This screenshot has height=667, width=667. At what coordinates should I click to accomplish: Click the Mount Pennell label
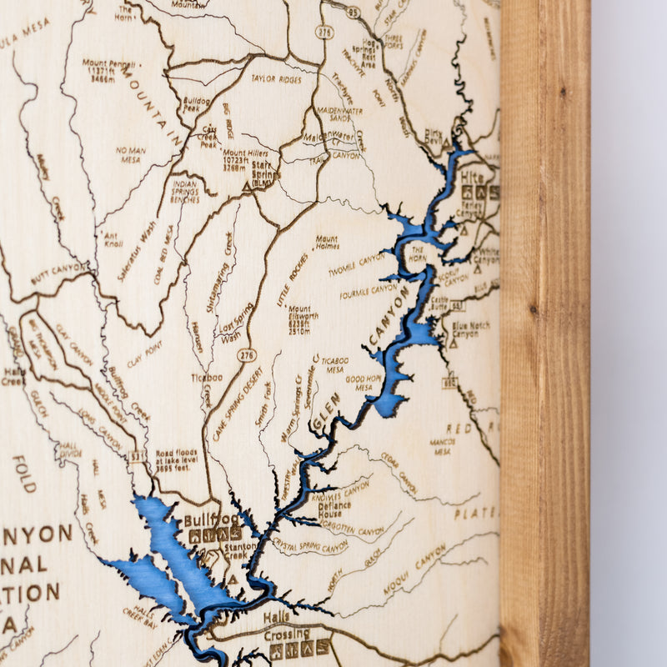(109, 72)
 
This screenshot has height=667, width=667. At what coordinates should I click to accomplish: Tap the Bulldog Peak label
(196, 104)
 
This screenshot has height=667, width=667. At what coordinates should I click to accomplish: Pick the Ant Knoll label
(113, 240)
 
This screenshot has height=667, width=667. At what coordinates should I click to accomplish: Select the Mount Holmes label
(327, 242)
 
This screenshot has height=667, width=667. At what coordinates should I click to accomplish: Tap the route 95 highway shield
(352, 12)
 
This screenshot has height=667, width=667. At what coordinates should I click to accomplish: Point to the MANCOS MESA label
(442, 446)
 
